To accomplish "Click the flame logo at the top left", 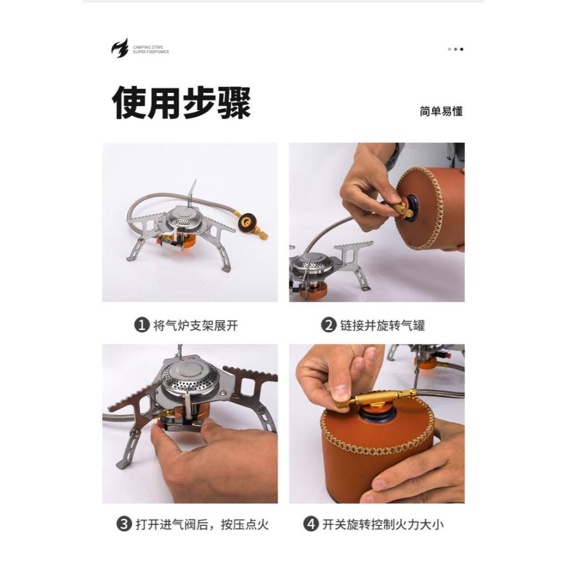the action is click(120, 49).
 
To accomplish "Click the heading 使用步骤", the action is click(181, 102).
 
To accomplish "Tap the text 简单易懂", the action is click(441, 111).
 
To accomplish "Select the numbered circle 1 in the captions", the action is click(142, 324).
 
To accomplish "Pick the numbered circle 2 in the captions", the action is click(329, 324).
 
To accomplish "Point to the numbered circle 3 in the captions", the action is click(124, 524).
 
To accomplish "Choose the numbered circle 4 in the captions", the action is click(311, 524).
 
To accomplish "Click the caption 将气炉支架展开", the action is click(195, 325).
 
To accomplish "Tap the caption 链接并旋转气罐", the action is click(383, 325).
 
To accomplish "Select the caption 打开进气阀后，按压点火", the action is click(202, 524).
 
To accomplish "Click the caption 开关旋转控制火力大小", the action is click(383, 524).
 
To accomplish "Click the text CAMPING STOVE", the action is click(148, 47).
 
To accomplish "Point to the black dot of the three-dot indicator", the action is click(461, 49).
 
